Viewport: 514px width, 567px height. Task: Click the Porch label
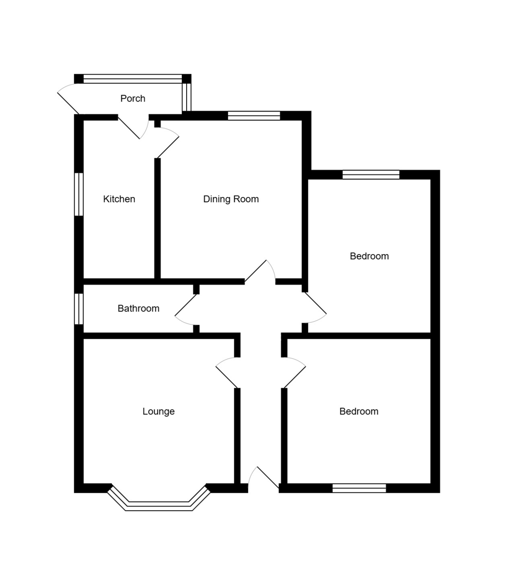[133, 98]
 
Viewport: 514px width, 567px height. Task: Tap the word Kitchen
[119, 199]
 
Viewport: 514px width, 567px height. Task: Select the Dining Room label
[231, 199]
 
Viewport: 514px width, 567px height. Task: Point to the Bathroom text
[138, 308]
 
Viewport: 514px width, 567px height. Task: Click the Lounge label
[158, 411]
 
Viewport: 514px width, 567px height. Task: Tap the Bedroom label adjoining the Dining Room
[369, 256]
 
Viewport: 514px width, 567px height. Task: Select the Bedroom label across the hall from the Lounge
[359, 411]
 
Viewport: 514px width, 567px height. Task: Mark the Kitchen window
[79, 194]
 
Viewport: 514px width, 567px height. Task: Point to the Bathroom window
[79, 309]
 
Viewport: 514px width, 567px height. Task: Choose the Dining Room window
[254, 116]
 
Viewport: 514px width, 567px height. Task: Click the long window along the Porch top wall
[133, 79]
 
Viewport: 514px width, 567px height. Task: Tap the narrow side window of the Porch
[187, 97]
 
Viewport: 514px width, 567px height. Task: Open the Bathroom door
[186, 310]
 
